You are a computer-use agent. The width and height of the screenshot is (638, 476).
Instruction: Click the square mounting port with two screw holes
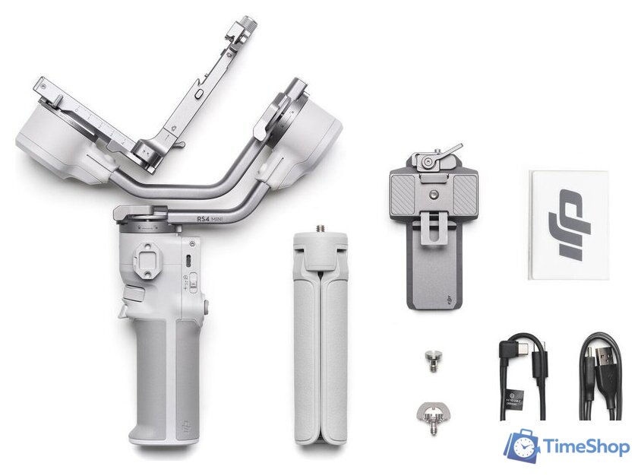point(146,258)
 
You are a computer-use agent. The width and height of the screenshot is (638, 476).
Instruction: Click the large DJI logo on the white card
point(568,224)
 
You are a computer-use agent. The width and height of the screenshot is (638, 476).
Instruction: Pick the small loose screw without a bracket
point(433,360)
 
